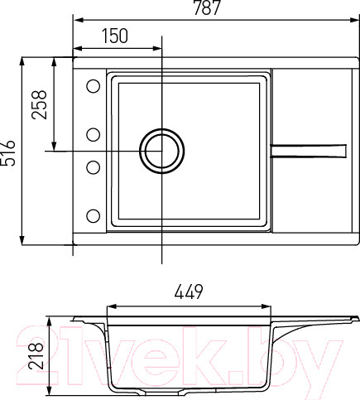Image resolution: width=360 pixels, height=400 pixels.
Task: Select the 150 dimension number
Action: [x=116, y=36]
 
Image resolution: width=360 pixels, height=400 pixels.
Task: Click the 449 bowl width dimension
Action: [x=190, y=292]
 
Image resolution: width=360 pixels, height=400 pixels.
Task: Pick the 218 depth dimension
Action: [x=36, y=357]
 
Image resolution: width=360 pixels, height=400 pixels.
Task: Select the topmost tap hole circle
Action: [x=93, y=85]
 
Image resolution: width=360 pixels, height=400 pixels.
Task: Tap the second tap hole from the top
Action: [x=93, y=134]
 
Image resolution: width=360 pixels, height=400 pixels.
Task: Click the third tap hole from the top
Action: [x=93, y=166]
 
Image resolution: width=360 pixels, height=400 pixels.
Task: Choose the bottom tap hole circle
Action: [x=93, y=216]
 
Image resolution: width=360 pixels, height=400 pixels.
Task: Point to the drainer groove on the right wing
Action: [x=309, y=149]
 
